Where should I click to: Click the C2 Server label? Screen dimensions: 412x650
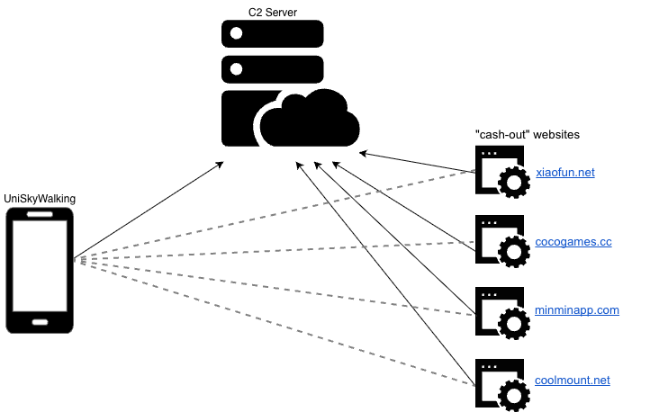pyautogui.click(x=272, y=12)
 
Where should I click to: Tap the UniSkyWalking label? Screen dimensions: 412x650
pyautogui.click(x=40, y=198)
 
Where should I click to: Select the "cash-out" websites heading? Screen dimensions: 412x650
pyautogui.click(x=527, y=134)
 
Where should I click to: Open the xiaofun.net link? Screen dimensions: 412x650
pyautogui.click(x=564, y=172)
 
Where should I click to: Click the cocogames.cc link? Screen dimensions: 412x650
pyautogui.click(x=573, y=242)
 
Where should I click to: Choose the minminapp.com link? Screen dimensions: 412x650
pyautogui.click(x=577, y=310)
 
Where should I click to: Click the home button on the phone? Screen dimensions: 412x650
pyautogui.click(x=40, y=321)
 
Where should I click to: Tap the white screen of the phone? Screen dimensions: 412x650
pyautogui.click(x=40, y=265)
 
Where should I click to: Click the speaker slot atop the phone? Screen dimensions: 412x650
pyautogui.click(x=40, y=215)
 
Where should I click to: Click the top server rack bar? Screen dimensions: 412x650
pyautogui.click(x=272, y=34)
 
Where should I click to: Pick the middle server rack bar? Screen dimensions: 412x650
pyautogui.click(x=272, y=68)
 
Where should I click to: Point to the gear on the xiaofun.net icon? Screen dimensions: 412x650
pyautogui.click(x=513, y=183)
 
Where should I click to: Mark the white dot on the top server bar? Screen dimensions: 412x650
pyautogui.click(x=237, y=34)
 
